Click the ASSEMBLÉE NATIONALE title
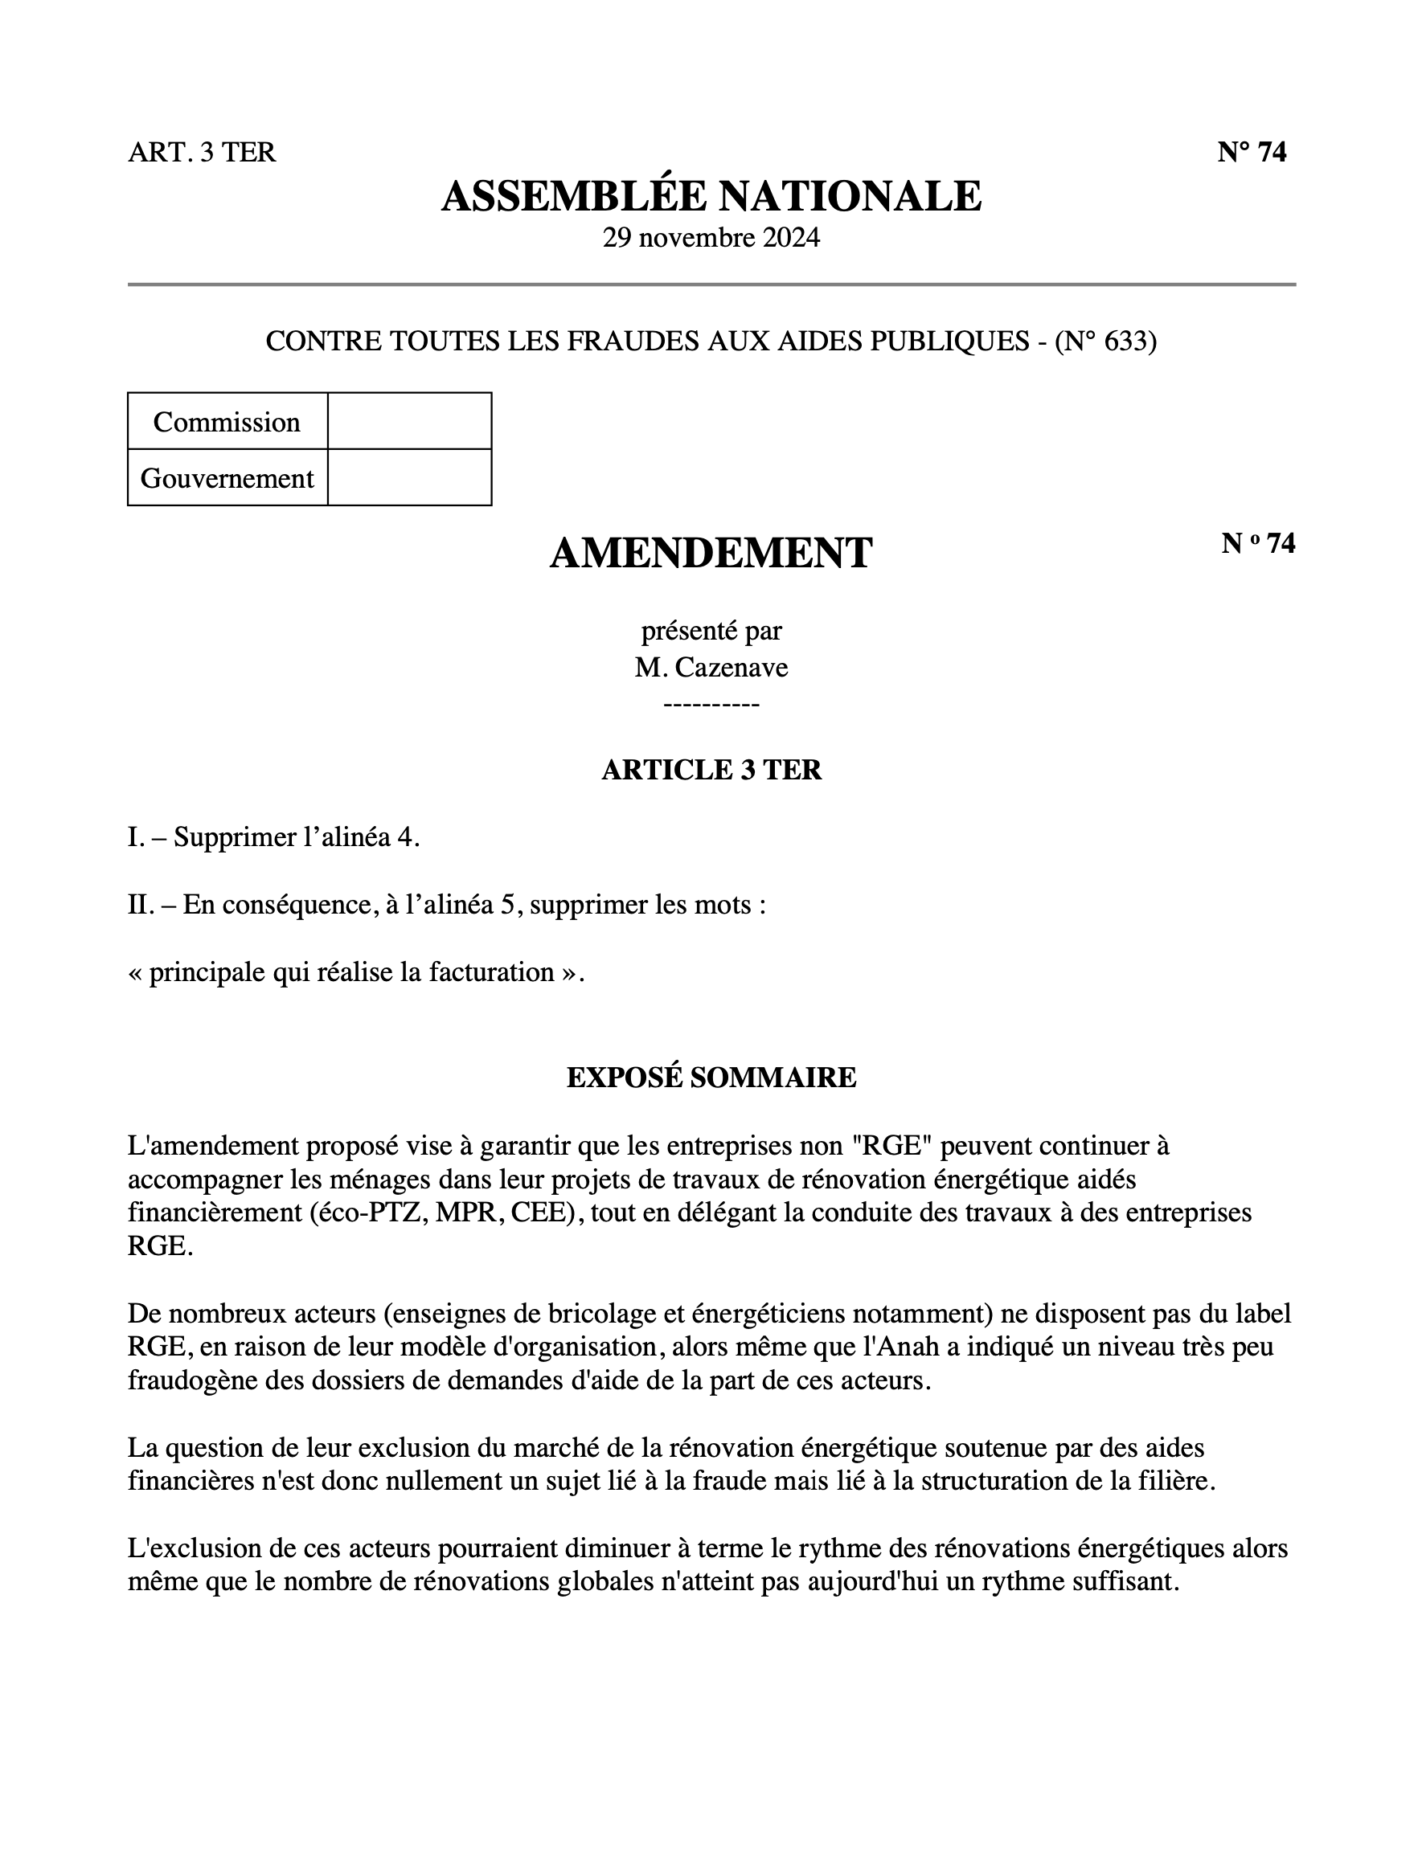tap(711, 196)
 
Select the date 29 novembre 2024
tap(711, 237)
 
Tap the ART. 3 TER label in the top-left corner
tap(202, 152)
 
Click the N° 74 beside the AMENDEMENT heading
tap(1257, 543)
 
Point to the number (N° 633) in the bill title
tap(1105, 341)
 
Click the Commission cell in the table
tap(227, 422)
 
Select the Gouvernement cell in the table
tap(227, 478)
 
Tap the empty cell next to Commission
tap(409, 422)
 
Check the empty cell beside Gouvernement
tap(409, 478)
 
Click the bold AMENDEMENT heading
tap(711, 554)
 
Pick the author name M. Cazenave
tap(711, 668)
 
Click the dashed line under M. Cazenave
tap(711, 704)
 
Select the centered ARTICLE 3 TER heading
tap(711, 770)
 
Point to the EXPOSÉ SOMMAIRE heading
tap(711, 1078)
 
